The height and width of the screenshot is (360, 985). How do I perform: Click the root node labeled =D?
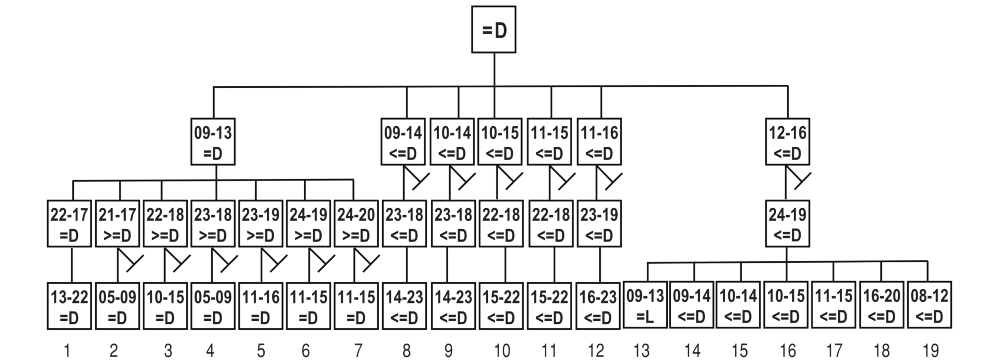pyautogui.click(x=493, y=30)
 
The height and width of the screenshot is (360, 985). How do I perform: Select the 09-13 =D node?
pyautogui.click(x=213, y=142)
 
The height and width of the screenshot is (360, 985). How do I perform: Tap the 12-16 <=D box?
pyautogui.click(x=787, y=142)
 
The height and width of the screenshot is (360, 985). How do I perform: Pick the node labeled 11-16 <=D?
pyautogui.click(x=599, y=142)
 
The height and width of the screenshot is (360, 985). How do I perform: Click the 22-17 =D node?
pyautogui.click(x=69, y=224)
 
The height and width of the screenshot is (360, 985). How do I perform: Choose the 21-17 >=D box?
pyautogui.click(x=117, y=224)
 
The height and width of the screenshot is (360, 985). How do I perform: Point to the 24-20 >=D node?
pyautogui.click(x=356, y=224)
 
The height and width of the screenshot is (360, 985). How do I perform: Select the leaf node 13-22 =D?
pyautogui.click(x=69, y=306)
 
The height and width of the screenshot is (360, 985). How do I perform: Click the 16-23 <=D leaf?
pyautogui.click(x=598, y=306)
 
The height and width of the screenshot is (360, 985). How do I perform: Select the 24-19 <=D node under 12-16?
pyautogui.click(x=787, y=224)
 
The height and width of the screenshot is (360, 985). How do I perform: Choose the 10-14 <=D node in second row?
pyautogui.click(x=452, y=142)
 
